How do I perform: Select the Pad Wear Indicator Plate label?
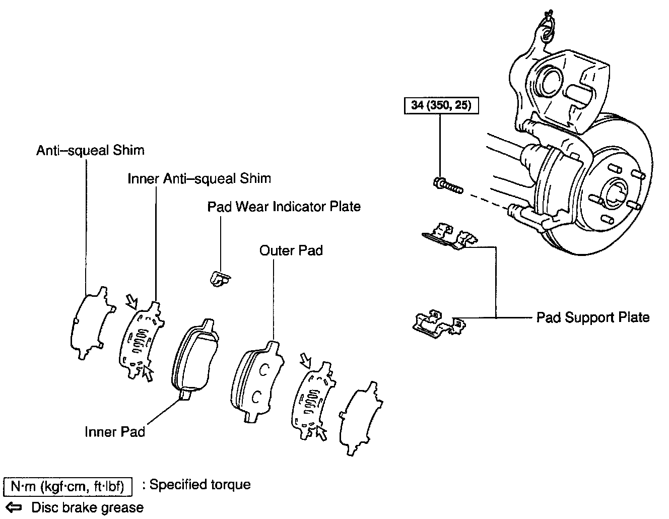(284, 207)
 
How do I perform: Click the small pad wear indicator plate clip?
(219, 278)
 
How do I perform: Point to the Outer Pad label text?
(291, 250)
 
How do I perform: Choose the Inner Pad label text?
(115, 432)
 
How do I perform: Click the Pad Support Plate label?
(592, 317)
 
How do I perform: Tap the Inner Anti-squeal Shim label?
(199, 178)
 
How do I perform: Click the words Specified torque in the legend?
(200, 485)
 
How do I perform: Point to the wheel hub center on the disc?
(616, 194)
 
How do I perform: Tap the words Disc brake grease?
(87, 507)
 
